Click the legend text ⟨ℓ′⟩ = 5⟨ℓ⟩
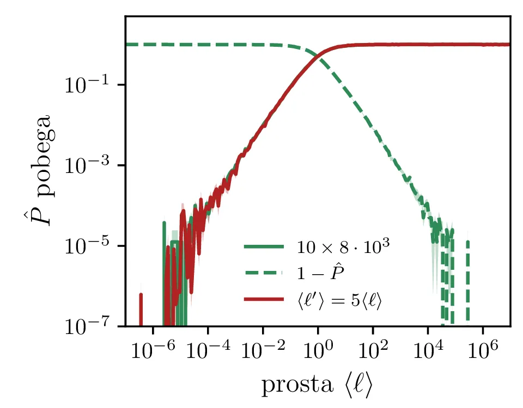339,300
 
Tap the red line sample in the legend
264,300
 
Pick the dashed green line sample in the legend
264,273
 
